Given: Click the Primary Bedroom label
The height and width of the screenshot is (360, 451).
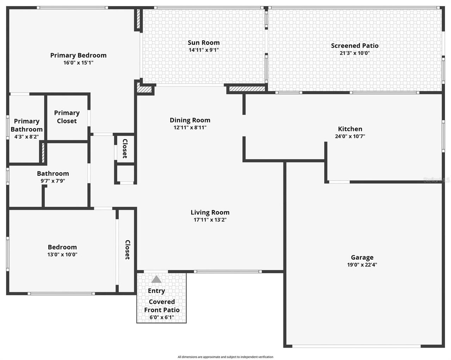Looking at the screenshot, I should (x=78, y=55).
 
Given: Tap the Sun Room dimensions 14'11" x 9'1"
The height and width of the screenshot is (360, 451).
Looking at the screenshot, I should (x=204, y=50).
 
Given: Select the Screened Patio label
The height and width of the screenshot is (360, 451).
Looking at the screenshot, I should (x=354, y=45).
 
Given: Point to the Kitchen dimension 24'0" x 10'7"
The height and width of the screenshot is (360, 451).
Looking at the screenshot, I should (x=350, y=136).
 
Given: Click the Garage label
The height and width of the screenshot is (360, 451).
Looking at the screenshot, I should (x=362, y=257).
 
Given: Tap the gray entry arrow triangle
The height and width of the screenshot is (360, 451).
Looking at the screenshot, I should (x=156, y=280).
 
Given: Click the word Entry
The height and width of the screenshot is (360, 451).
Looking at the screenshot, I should (x=156, y=291).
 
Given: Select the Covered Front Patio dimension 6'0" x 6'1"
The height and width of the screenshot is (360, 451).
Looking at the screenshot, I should (x=162, y=317).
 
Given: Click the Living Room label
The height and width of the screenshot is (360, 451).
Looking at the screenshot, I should (x=210, y=212).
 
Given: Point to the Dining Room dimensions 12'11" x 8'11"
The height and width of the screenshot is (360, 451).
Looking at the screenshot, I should (x=190, y=128).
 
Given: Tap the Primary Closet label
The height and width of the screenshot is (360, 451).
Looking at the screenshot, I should (x=67, y=117).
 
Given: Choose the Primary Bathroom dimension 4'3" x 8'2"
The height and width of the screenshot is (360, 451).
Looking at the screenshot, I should (x=26, y=137).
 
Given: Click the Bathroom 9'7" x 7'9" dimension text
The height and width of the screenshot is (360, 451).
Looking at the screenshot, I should (x=53, y=181).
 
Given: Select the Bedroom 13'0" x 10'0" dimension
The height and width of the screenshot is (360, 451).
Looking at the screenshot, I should (x=62, y=255).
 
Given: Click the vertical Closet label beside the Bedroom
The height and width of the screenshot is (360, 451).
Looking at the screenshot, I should (x=128, y=250).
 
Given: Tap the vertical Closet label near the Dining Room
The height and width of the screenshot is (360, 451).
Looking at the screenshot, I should (x=125, y=148).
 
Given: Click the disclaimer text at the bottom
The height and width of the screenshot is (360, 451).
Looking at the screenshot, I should (x=225, y=357).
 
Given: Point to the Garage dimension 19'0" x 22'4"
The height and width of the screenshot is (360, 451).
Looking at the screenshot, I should (x=362, y=265).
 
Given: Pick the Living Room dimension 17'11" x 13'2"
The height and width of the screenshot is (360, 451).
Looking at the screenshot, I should (x=210, y=220).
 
